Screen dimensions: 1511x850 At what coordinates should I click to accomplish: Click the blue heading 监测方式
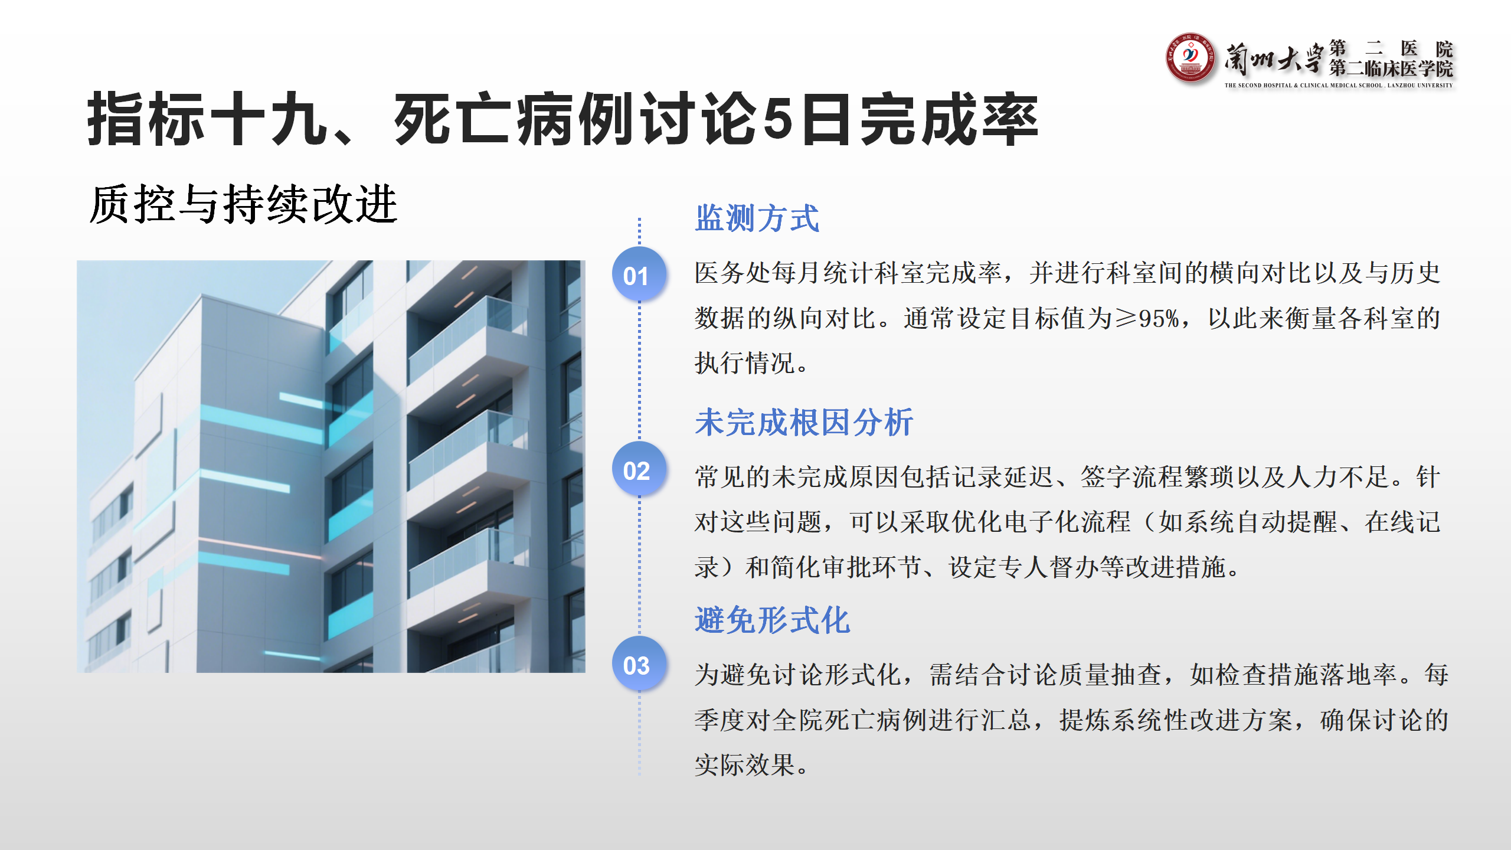(757, 218)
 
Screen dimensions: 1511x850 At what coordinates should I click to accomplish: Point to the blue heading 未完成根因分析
(804, 423)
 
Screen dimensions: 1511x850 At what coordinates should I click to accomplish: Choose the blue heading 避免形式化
(773, 620)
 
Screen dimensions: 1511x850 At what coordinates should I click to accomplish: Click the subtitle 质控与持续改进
(244, 204)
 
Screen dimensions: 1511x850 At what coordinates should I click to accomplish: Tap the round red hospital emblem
(1191, 58)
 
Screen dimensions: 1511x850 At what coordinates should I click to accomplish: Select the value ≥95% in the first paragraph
(1148, 319)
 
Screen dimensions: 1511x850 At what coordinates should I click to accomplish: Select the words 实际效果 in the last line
(745, 766)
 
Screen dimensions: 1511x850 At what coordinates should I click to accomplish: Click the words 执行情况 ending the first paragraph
(745, 363)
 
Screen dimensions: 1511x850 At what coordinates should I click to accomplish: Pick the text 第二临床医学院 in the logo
(1391, 68)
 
